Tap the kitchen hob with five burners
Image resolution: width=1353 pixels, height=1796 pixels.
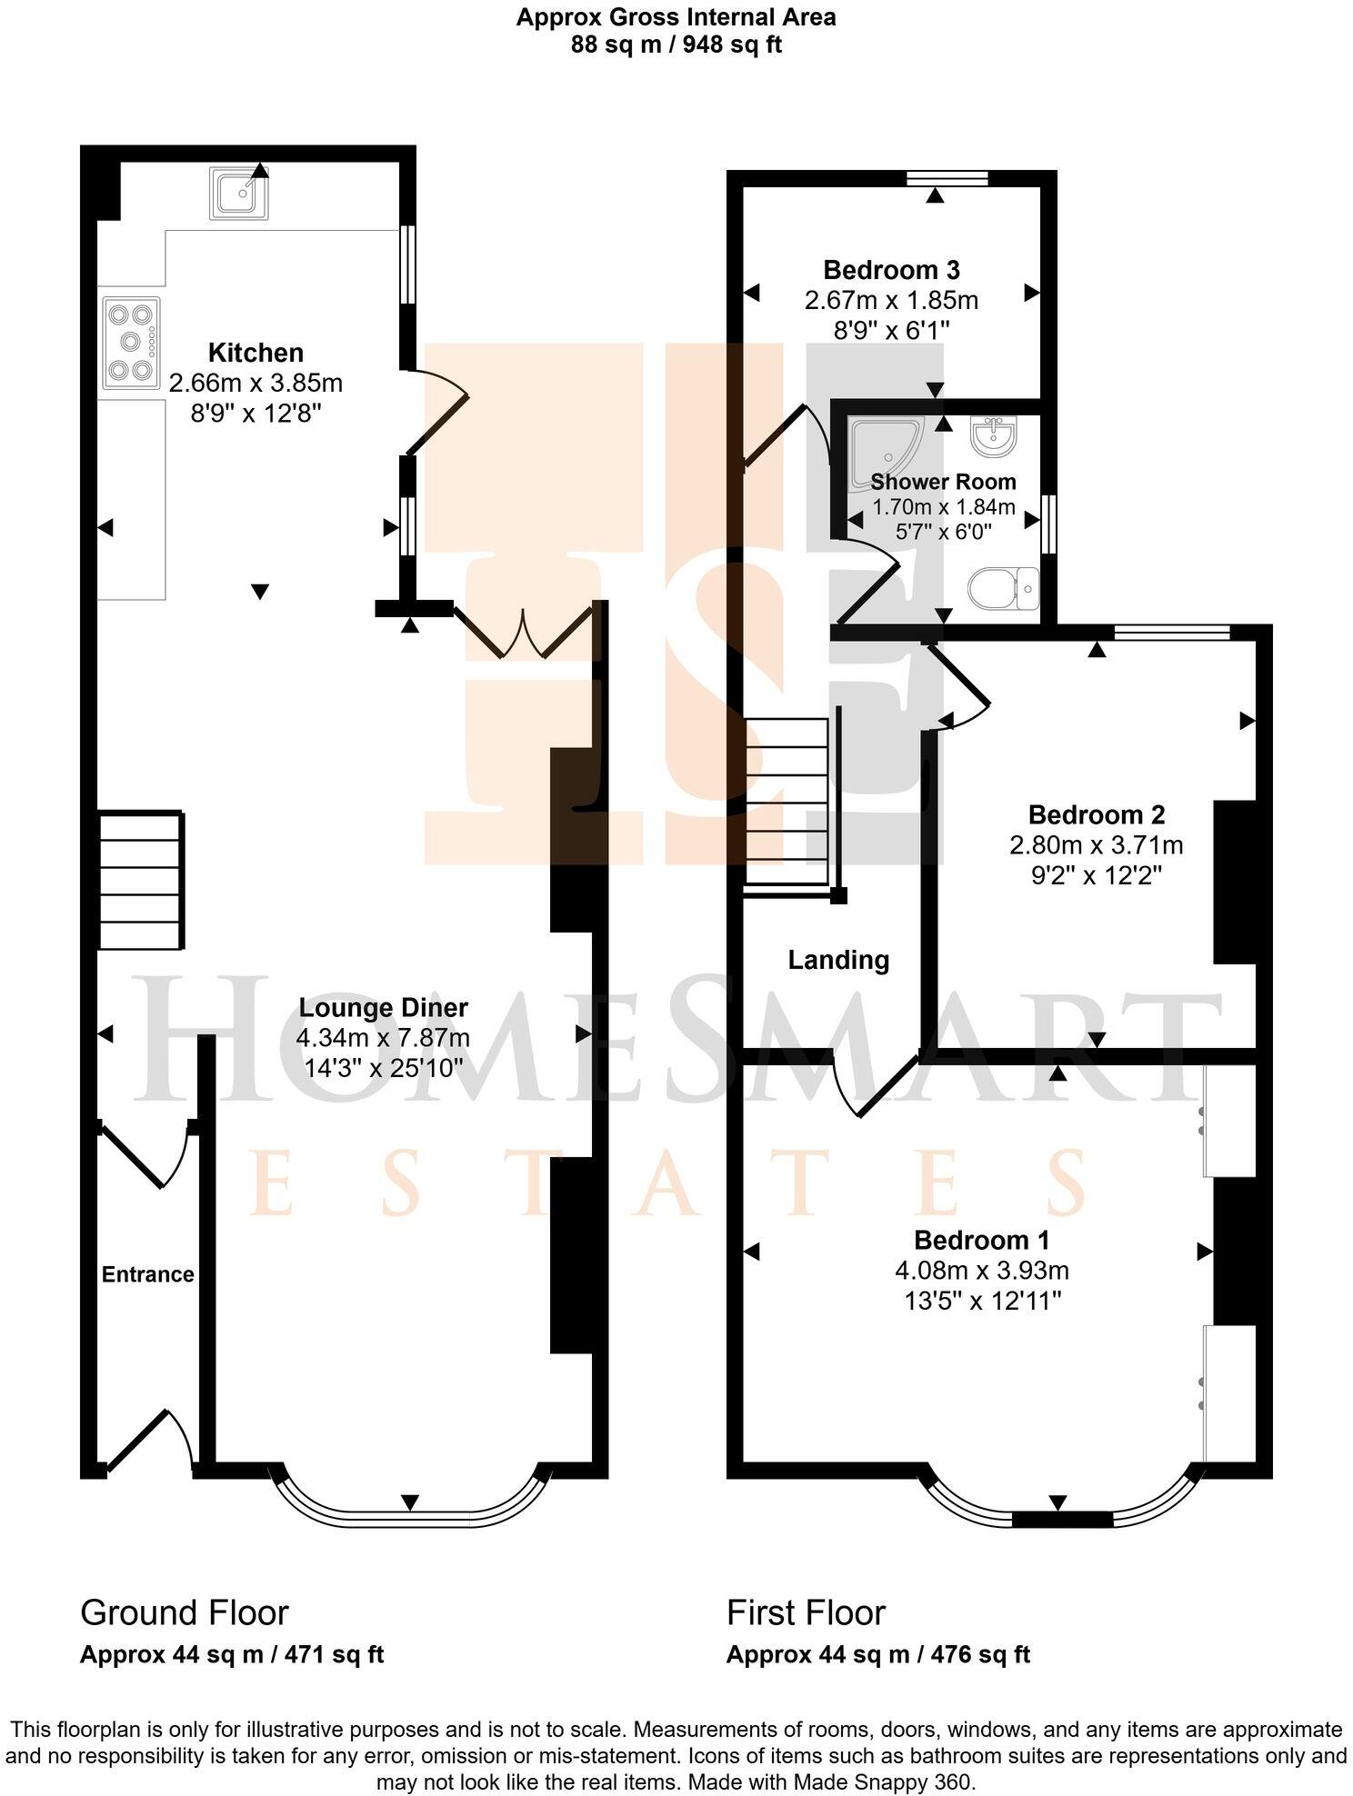131,343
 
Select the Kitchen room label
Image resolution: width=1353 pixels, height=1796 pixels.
256,353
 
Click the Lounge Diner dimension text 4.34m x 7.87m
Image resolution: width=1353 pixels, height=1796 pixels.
383,1038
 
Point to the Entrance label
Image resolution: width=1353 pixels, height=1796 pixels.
148,1274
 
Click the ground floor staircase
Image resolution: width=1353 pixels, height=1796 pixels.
141,881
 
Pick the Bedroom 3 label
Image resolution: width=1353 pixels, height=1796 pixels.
891,270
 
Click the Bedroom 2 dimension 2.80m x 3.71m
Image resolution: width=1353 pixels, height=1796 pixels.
1096,845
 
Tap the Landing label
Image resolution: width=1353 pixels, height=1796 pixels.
838,960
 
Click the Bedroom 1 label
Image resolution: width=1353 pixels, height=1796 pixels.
982,1240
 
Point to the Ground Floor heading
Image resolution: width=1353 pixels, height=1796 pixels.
185,1612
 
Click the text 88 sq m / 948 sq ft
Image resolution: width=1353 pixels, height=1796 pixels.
676,44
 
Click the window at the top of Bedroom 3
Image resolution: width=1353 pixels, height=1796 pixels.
948,178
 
